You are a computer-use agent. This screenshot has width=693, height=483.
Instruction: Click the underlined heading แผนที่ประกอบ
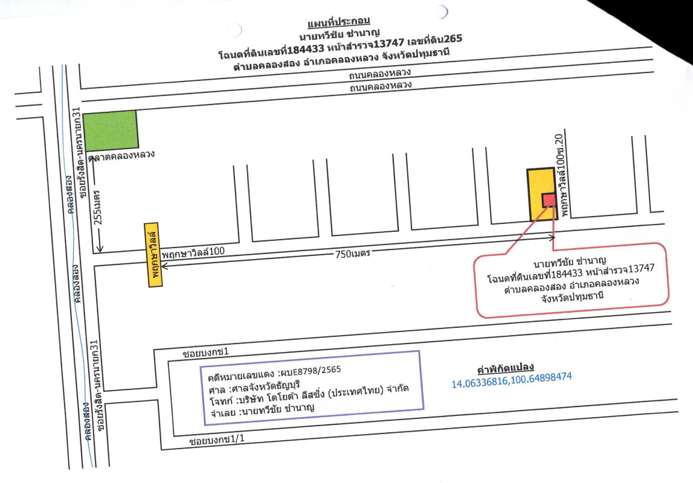[x=338, y=21]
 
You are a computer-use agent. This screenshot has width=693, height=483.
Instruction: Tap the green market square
[x=110, y=130]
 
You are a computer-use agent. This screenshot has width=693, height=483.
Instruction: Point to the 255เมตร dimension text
[x=98, y=207]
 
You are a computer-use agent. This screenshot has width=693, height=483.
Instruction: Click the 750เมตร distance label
[x=352, y=254]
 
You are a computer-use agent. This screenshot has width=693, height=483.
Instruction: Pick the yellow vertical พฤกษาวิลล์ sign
[x=153, y=255]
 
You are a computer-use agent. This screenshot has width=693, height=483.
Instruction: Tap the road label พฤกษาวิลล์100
[x=193, y=253]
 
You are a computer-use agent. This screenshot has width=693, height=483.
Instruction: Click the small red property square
[x=549, y=200]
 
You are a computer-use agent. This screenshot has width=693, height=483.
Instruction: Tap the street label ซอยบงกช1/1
[x=216, y=440]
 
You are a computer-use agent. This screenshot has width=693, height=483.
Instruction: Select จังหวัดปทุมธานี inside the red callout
[x=572, y=296]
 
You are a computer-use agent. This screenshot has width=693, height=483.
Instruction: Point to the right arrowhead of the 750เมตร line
[x=552, y=238]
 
